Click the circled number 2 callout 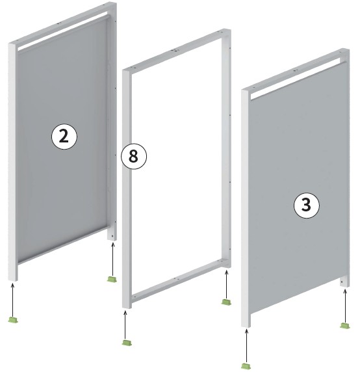[x=64, y=137]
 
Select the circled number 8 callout [x=134, y=156]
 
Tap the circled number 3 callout [x=307, y=206]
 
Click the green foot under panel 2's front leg [x=13, y=319]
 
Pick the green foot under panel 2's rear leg [x=112, y=279]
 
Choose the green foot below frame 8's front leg [x=127, y=342]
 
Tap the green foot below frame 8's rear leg [x=226, y=302]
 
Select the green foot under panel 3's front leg [x=246, y=365]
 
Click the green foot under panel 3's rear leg [x=345, y=325]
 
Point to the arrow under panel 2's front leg [x=13, y=299]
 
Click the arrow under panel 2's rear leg [x=113, y=259]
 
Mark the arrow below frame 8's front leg [x=125, y=325]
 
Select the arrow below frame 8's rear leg [x=226, y=284]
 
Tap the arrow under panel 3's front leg [x=246, y=345]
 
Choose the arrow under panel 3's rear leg [x=345, y=305]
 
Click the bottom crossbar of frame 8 [x=178, y=281]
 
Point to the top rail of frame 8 [x=177, y=50]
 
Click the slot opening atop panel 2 [x=63, y=31]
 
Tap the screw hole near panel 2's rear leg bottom [x=112, y=236]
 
